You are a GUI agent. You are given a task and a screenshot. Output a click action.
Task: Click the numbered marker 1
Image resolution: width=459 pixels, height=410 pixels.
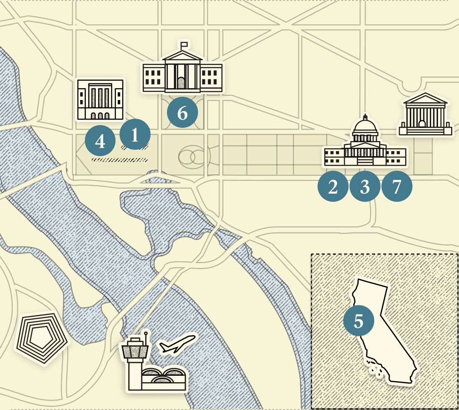click(135, 135)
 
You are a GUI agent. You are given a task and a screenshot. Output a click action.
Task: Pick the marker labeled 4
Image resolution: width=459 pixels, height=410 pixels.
click(100, 142)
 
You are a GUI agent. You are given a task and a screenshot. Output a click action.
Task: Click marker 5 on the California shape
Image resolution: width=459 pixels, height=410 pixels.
click(359, 321)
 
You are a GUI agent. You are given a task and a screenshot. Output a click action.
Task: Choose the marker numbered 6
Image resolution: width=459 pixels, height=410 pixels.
click(182, 112)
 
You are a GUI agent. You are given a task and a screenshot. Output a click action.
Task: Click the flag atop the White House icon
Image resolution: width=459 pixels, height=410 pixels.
click(184, 45)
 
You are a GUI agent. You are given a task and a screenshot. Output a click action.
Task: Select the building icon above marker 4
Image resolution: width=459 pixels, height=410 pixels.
click(100, 100)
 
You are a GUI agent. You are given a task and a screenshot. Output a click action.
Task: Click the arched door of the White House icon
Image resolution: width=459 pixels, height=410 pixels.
click(181, 83)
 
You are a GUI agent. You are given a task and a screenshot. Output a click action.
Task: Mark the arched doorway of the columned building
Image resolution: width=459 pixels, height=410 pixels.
click(422, 124)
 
